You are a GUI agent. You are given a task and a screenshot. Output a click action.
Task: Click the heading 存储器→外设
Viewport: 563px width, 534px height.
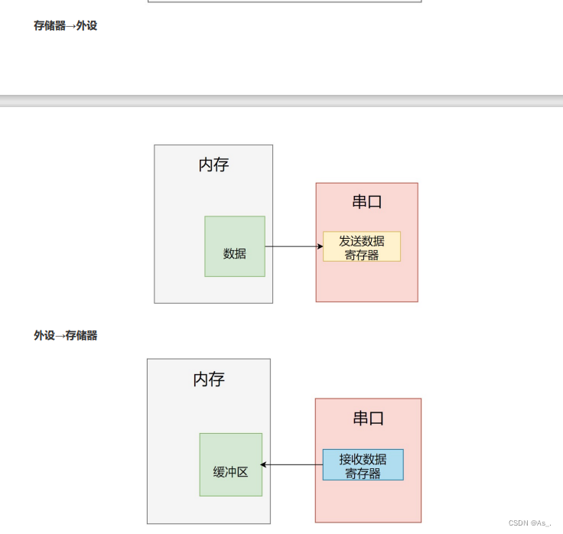click(x=65, y=25)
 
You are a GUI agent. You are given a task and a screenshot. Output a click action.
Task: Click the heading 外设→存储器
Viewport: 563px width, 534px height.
click(x=65, y=335)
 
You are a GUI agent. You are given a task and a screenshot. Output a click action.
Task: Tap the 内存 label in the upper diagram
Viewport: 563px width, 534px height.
click(x=213, y=164)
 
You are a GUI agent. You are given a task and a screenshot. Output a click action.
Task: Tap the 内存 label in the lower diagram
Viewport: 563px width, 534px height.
click(x=209, y=379)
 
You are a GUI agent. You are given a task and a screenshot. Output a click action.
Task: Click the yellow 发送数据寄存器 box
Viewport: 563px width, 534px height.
click(x=362, y=246)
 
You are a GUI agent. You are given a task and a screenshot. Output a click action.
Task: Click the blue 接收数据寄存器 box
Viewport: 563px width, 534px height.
click(x=363, y=464)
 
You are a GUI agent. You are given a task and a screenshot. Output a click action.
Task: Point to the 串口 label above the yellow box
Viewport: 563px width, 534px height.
click(x=367, y=201)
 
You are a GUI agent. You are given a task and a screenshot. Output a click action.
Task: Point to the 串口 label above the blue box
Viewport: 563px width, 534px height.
click(x=368, y=418)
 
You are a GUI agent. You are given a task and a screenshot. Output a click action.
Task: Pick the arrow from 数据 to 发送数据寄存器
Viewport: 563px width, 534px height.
click(x=293, y=246)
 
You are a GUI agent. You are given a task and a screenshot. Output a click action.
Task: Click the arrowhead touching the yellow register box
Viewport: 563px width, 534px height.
click(x=320, y=246)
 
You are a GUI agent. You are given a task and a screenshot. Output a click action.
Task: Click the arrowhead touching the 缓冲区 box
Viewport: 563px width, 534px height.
click(x=264, y=464)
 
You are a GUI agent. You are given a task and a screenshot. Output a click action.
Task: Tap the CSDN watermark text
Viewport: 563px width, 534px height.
click(x=529, y=523)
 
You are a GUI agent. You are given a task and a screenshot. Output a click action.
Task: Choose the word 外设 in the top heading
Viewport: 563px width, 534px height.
click(x=86, y=25)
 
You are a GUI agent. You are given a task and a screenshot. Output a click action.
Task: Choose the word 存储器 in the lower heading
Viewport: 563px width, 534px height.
click(x=81, y=335)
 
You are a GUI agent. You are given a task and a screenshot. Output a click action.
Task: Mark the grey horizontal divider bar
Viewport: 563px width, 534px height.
click(x=281, y=100)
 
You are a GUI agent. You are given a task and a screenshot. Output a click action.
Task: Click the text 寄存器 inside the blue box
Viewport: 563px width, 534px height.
click(x=363, y=473)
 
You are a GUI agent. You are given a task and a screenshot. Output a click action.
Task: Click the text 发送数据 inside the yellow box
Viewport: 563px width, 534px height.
click(x=362, y=240)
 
